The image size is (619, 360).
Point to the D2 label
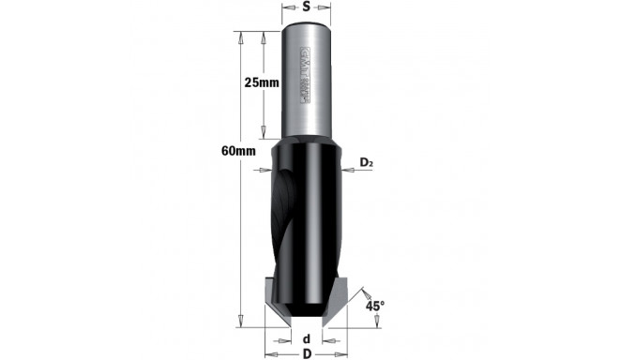(367, 163)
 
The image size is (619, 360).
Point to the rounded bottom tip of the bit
(306, 313)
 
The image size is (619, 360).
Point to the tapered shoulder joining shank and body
(305, 145)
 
